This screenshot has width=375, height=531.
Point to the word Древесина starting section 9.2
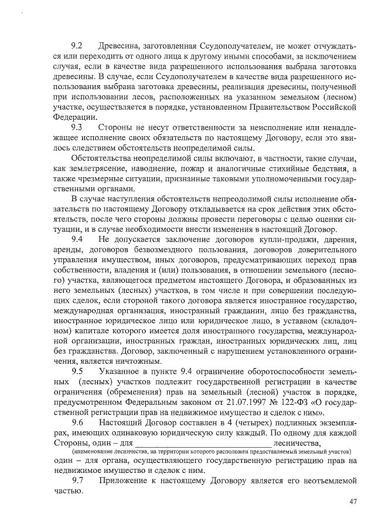tap(121, 45)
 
